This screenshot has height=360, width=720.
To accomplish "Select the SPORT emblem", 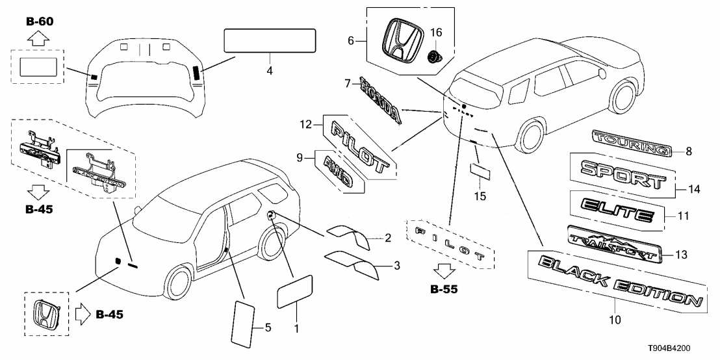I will [x=623, y=171].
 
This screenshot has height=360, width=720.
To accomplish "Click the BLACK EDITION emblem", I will [x=617, y=281].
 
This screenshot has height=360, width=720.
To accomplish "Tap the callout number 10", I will [x=615, y=319].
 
